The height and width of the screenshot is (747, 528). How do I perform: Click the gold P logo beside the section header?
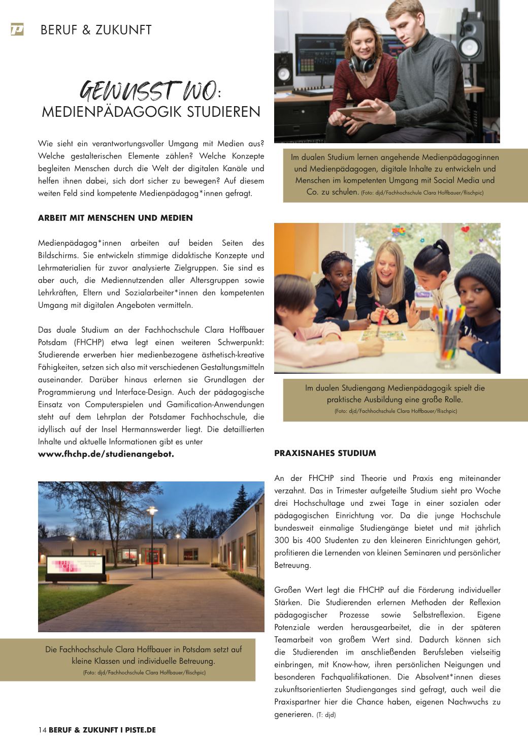coord(17,30)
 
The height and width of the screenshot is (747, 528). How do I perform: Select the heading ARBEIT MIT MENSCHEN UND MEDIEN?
coord(115,218)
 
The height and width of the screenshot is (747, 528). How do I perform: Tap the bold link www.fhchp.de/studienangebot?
coord(106,454)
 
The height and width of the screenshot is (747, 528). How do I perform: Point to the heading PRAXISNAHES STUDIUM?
coord(325,453)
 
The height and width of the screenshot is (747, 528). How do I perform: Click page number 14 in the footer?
coord(42,730)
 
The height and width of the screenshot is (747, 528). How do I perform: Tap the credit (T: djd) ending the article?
coord(326,714)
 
